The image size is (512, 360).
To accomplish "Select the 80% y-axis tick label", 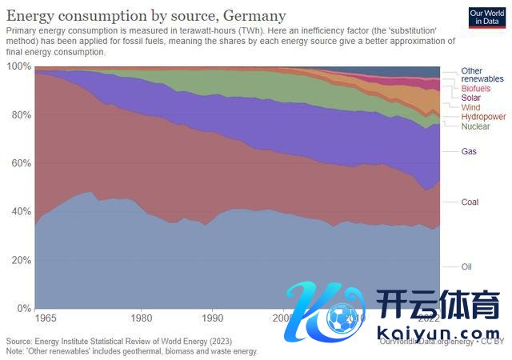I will point(20,115).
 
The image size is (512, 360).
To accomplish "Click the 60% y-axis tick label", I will point(20,163).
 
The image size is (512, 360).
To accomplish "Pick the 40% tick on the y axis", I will point(20,212).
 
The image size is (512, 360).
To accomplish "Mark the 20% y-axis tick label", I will point(20,260).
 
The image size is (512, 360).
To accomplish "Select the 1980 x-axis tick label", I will point(142,318).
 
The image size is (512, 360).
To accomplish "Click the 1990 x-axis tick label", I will point(212,318).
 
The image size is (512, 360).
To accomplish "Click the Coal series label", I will point(470,202).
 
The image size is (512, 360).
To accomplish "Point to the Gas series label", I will point(470,150).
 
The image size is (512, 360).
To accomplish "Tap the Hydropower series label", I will point(484,117).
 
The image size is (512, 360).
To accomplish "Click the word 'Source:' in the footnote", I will point(20,340).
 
